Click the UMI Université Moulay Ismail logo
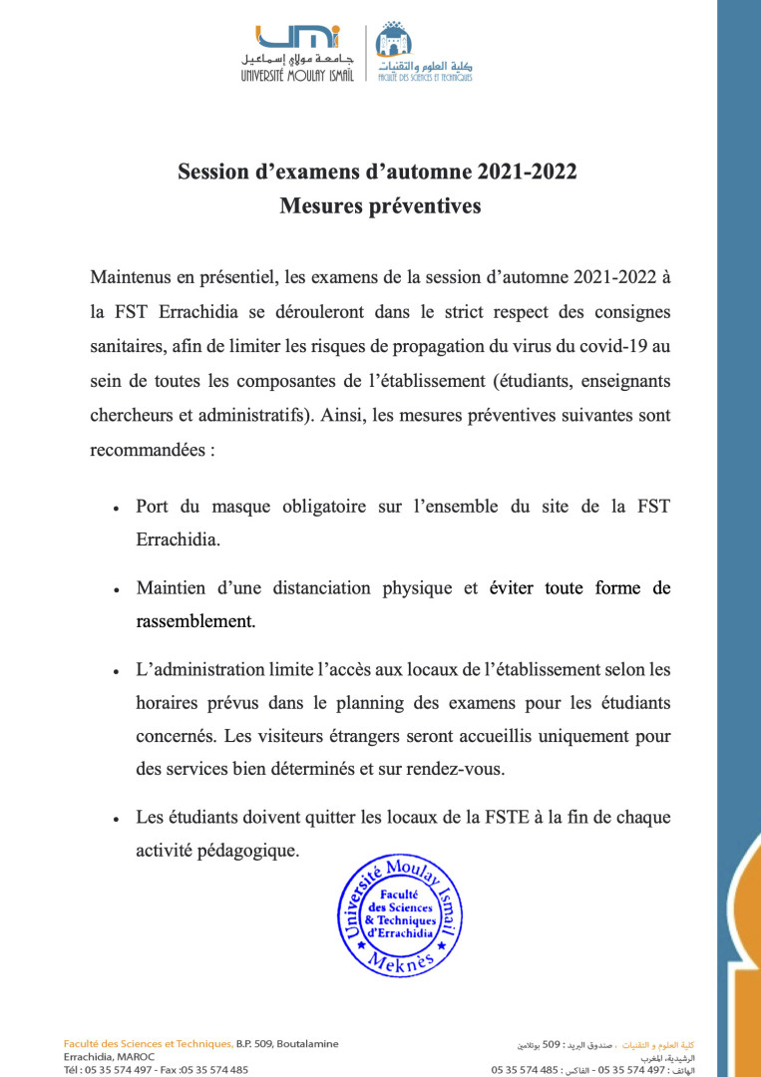pyautogui.click(x=297, y=53)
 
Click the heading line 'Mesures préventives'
pyautogui.click(x=380, y=206)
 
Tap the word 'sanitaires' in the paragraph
pyautogui.click(x=129, y=346)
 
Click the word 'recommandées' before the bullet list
pyautogui.click(x=145, y=450)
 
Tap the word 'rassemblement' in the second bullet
pyautogui.click(x=193, y=620)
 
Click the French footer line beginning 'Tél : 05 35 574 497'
pyautogui.click(x=157, y=1069)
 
